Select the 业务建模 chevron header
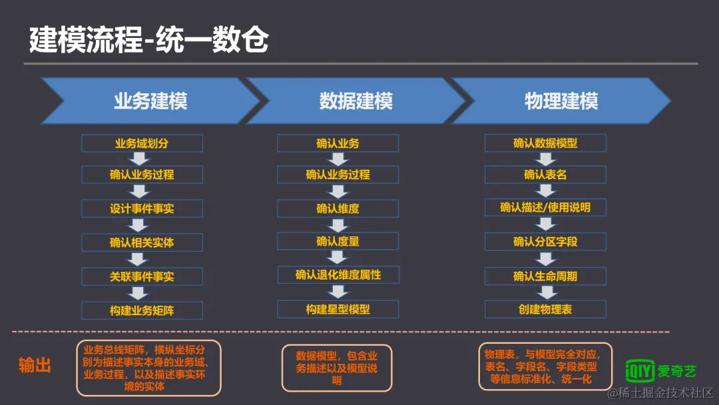click(x=150, y=101)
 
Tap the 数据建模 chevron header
click(x=356, y=101)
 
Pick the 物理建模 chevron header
click(x=561, y=101)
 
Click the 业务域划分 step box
click(x=142, y=143)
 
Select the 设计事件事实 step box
click(x=142, y=208)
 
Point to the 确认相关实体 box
click(x=142, y=242)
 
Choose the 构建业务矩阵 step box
click(x=142, y=310)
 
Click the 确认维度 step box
click(x=338, y=208)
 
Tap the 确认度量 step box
click(x=338, y=241)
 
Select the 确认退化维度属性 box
click(x=338, y=274)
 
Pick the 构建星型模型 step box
click(x=338, y=309)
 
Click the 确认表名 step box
click(x=545, y=175)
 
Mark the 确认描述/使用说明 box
click(x=545, y=207)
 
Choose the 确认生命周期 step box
click(x=545, y=276)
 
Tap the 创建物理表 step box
click(x=545, y=309)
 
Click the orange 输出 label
click(x=35, y=365)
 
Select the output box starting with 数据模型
click(x=337, y=368)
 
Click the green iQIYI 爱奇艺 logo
click(x=660, y=370)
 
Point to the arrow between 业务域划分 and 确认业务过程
click(x=139, y=159)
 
